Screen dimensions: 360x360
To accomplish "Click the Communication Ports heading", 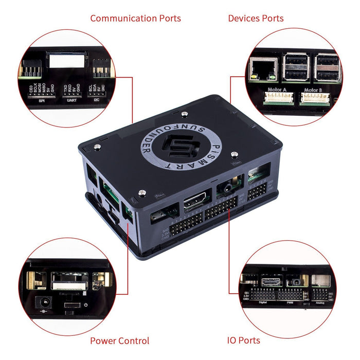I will (x=135, y=19).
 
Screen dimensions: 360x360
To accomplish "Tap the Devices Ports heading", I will (x=256, y=19).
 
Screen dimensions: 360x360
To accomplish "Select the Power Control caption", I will (x=119, y=340).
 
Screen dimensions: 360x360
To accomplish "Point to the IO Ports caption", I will (x=243, y=340).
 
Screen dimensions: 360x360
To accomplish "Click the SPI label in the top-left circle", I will (x=42, y=101).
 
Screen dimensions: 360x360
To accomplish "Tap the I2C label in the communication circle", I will (x=97, y=101).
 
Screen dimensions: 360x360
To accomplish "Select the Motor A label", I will (x=277, y=90).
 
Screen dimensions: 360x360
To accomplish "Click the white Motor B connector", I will (x=314, y=98).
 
